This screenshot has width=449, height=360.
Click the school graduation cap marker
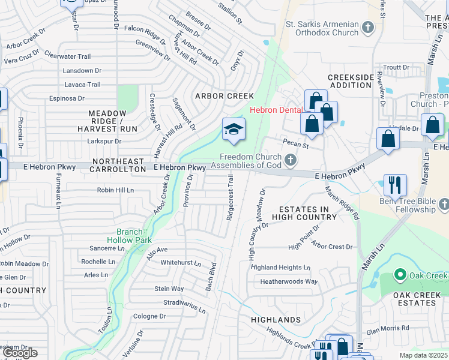(234, 130)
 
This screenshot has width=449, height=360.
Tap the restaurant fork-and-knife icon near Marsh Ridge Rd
(395, 185)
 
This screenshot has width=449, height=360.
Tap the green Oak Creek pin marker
(400, 275)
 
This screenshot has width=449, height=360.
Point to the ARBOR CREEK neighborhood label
(224, 96)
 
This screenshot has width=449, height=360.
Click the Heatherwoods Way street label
(289, 281)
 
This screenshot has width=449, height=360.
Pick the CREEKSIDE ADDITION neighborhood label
(350, 82)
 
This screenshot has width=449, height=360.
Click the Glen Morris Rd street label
(387, 328)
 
